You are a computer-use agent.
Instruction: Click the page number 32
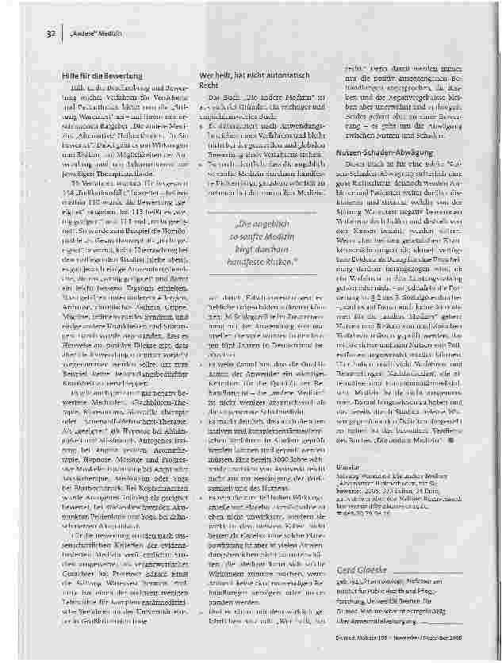click(48, 34)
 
